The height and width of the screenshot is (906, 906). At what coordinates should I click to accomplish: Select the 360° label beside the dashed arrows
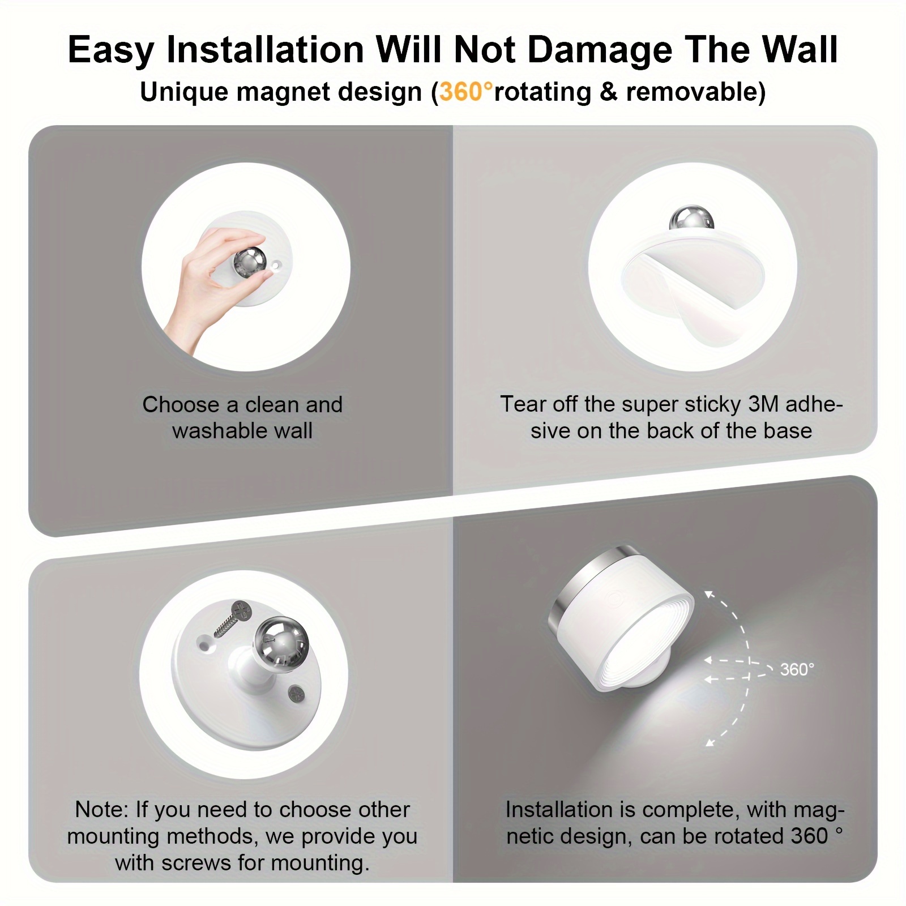coord(797,669)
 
